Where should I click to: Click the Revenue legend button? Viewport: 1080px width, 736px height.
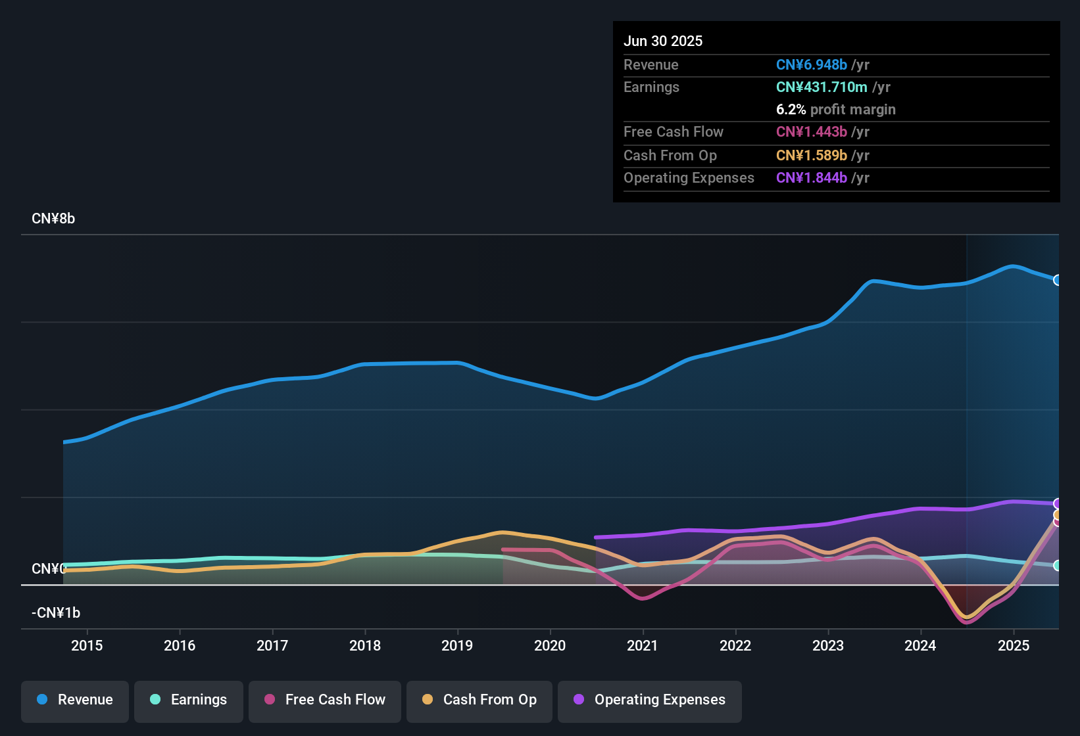[75, 700]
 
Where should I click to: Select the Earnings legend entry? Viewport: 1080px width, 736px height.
[189, 700]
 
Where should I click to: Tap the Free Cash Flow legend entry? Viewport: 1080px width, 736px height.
[325, 700]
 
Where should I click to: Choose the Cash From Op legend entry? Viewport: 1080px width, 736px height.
[479, 700]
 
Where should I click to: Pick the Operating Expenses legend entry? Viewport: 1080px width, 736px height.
[650, 700]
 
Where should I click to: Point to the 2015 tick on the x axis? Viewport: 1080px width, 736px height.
[87, 645]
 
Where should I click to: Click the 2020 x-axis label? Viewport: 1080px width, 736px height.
[550, 645]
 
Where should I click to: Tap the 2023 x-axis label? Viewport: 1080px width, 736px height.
[828, 645]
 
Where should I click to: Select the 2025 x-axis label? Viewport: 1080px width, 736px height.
[1014, 645]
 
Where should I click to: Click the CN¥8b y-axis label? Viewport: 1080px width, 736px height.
[53, 219]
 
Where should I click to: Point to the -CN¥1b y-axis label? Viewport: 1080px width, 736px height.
[56, 613]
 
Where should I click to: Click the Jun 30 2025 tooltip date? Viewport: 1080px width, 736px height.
[663, 41]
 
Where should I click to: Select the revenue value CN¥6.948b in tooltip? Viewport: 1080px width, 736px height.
[811, 65]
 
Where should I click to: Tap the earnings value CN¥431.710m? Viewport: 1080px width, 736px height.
[821, 87]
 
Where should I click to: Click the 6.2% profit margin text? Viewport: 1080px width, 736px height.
[835, 110]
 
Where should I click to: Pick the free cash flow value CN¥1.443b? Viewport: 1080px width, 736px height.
[811, 132]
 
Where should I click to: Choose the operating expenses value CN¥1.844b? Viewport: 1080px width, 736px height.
[811, 178]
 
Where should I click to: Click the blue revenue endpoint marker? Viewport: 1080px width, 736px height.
[1057, 280]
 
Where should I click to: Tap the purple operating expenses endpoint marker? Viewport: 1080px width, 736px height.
[1057, 504]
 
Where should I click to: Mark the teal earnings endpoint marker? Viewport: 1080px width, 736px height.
[1057, 565]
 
